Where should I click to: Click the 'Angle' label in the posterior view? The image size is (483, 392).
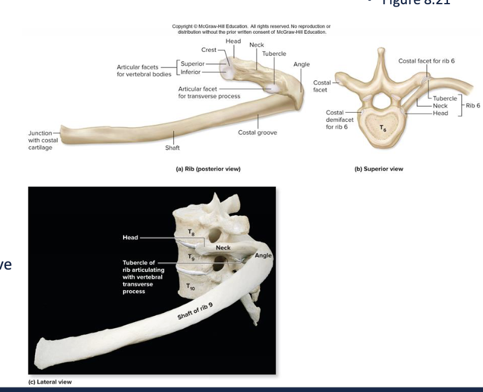click(x=301, y=64)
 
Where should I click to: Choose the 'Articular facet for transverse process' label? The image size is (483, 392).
click(x=206, y=92)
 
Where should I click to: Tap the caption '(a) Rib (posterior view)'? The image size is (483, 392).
click(x=206, y=169)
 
